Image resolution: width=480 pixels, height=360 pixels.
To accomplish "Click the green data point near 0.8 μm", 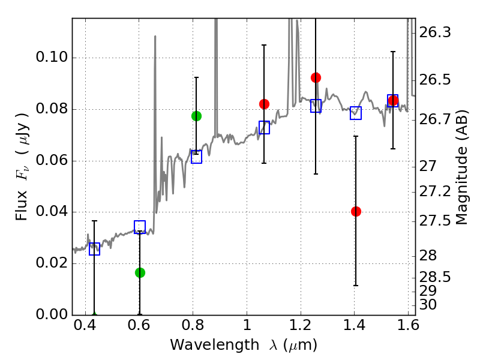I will [196, 116].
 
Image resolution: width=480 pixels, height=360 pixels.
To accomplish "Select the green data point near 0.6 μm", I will [140, 272].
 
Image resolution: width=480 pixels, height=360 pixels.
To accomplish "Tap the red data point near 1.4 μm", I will [356, 211].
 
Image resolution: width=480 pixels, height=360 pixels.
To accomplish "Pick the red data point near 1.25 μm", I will [316, 77].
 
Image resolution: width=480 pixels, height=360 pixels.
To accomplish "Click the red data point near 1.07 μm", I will [264, 104].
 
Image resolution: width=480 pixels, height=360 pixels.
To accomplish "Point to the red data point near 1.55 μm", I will [393, 100].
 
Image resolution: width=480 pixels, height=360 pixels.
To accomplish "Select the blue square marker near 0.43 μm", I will [94, 249].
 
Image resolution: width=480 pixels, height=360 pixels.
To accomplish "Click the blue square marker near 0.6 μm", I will [140, 227].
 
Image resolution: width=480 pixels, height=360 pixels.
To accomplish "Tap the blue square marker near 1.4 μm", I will [356, 113].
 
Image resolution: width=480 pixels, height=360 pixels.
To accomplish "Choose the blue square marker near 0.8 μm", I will [196, 157].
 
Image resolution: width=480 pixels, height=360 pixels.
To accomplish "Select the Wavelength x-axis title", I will [243, 345].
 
